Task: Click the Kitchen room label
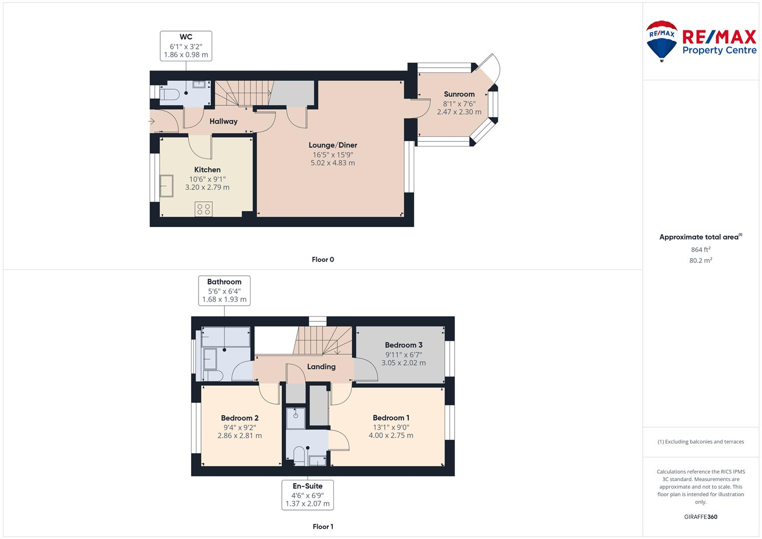tap(207, 170)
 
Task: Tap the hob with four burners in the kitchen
tap(204, 209)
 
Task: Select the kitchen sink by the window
tap(166, 186)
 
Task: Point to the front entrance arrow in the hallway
tap(152, 121)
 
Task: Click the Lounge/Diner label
tap(333, 145)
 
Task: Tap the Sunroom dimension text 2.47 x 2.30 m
tap(459, 112)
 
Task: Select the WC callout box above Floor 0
tap(186, 46)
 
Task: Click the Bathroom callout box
tap(224, 291)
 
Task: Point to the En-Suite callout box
tap(307, 495)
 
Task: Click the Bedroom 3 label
tap(403, 345)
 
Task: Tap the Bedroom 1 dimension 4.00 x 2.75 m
tap(391, 435)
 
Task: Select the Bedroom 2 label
tap(240, 418)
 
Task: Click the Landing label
tap(321, 367)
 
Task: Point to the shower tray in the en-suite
tap(295, 418)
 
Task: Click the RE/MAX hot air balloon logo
tap(662, 40)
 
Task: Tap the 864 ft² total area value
tap(701, 250)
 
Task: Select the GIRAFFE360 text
tap(701, 517)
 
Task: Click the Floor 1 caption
tap(322, 527)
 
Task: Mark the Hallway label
tap(223, 121)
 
